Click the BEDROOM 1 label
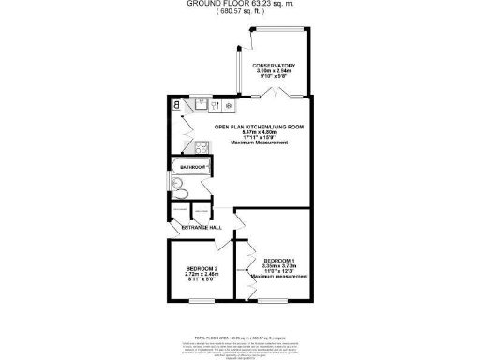280,260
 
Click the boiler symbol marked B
176,106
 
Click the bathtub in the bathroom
187,178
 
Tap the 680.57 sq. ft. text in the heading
240,13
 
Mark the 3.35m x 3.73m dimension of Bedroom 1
280,265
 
